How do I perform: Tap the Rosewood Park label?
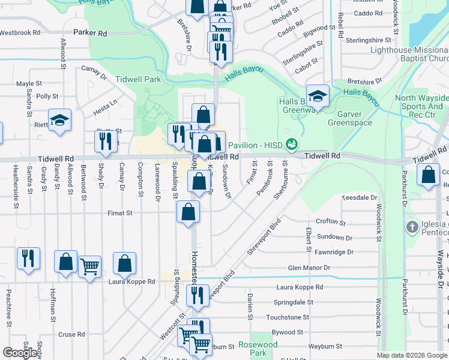pyautogui.click(x=258, y=349)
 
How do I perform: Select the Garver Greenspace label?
pyautogui.click(x=349, y=118)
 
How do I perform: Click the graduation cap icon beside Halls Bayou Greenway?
pyautogui.click(x=318, y=96)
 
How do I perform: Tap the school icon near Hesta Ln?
pyautogui.click(x=59, y=120)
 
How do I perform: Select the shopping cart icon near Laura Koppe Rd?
pyautogui.click(x=89, y=266)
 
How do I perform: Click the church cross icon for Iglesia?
pyautogui.click(x=412, y=227)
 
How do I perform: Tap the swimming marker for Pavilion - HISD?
pyautogui.click(x=292, y=145)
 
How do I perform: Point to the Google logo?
pyautogui.click(x=20, y=353)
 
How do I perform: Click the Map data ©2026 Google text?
pyautogui.click(x=412, y=355)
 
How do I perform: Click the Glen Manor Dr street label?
pyautogui.click(x=309, y=268)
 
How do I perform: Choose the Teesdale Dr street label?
pyautogui.click(x=359, y=197)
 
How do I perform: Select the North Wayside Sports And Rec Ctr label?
pyautogui.click(x=420, y=106)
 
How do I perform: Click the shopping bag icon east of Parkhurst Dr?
pyautogui.click(x=428, y=175)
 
